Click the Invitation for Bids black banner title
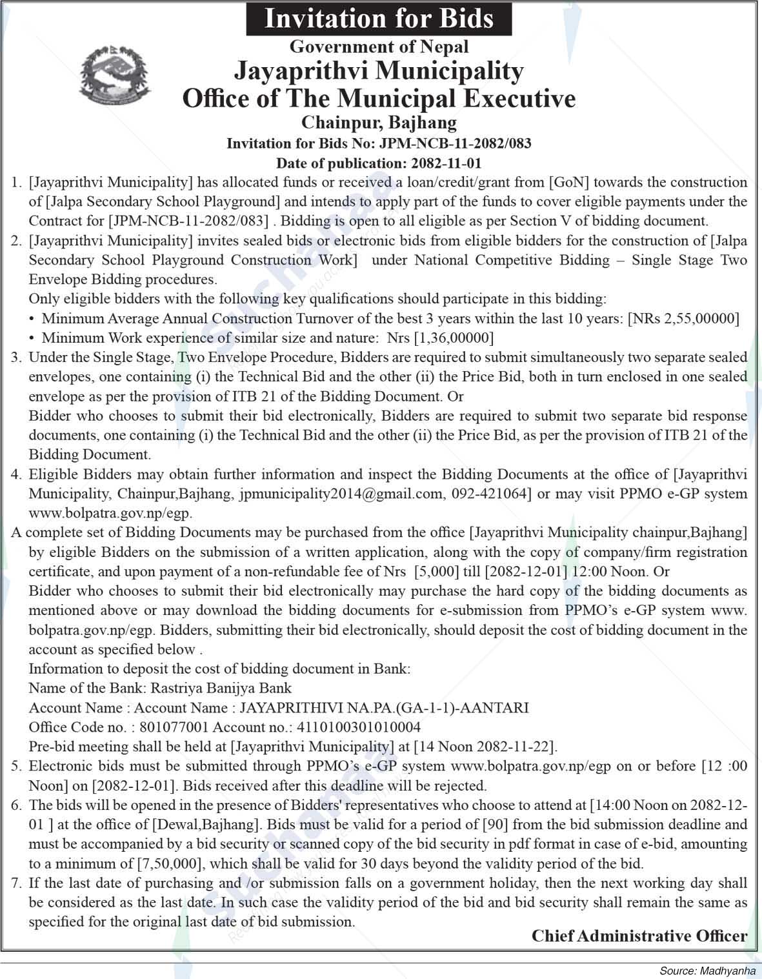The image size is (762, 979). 379,19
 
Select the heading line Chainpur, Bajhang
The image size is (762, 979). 379,122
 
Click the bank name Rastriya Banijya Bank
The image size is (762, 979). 221,689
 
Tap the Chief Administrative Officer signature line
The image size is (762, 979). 639,936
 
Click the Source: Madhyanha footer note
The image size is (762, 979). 707,971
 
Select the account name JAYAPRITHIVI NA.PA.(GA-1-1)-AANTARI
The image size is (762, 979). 384,708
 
